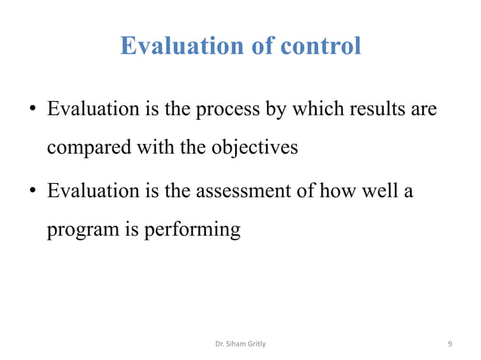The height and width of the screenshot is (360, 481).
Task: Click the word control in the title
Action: pos(320,47)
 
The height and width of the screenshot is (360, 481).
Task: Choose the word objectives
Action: pos(254,148)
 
